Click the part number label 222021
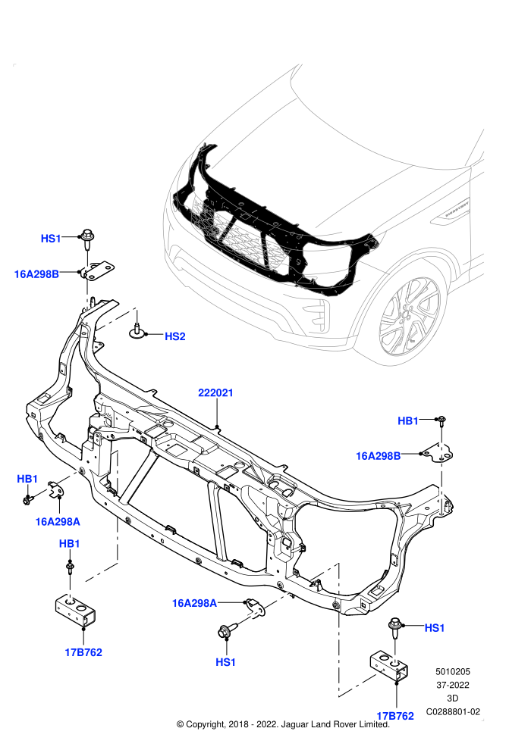click(215, 392)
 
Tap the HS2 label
click(174, 336)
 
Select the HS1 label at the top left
click(51, 239)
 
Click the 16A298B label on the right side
click(378, 456)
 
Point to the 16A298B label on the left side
click(36, 274)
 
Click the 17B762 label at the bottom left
click(83, 652)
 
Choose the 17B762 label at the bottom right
click(395, 716)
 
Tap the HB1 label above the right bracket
click(408, 421)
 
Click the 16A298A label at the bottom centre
click(194, 604)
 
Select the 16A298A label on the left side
click(58, 522)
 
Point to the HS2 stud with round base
click(137, 327)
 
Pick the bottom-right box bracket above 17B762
click(389, 667)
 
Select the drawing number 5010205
click(452, 671)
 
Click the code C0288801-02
click(453, 711)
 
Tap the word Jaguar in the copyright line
click(295, 724)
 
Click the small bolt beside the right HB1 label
click(441, 421)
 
